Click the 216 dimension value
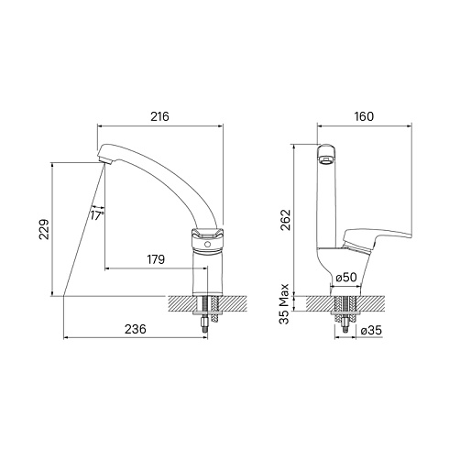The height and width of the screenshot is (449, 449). [x=159, y=116]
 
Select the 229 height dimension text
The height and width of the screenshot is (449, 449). [x=44, y=229]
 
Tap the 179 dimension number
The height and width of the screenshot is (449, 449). [x=156, y=259]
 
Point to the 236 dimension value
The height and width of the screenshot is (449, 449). [x=136, y=329]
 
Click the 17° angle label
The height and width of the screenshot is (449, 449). [x=97, y=215]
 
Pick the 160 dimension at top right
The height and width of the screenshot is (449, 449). [x=364, y=116]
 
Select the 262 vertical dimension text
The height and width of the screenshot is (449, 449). [x=286, y=220]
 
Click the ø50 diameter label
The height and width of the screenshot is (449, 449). [x=346, y=278]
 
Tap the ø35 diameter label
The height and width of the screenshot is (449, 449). [x=371, y=330]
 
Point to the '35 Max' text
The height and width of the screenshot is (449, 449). [x=284, y=303]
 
